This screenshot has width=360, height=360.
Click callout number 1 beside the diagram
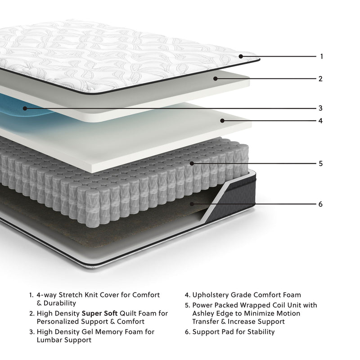[x=321, y=57]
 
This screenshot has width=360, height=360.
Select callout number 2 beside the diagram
[x=320, y=79]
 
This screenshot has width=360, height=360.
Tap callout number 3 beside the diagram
[x=320, y=108]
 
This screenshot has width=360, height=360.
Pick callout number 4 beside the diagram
[x=320, y=121]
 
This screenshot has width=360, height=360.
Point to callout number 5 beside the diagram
[x=320, y=163]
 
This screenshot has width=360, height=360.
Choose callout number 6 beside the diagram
[x=320, y=204]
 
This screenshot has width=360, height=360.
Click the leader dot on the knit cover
[x=241, y=57]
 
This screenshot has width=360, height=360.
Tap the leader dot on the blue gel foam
[x=26, y=108]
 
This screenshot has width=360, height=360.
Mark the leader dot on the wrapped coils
[x=192, y=163]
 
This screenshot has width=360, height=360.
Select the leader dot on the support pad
[x=192, y=204]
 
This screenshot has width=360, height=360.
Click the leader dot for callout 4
[x=222, y=121]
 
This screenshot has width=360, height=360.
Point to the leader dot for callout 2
[x=216, y=79]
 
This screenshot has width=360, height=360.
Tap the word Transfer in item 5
[x=207, y=322]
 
